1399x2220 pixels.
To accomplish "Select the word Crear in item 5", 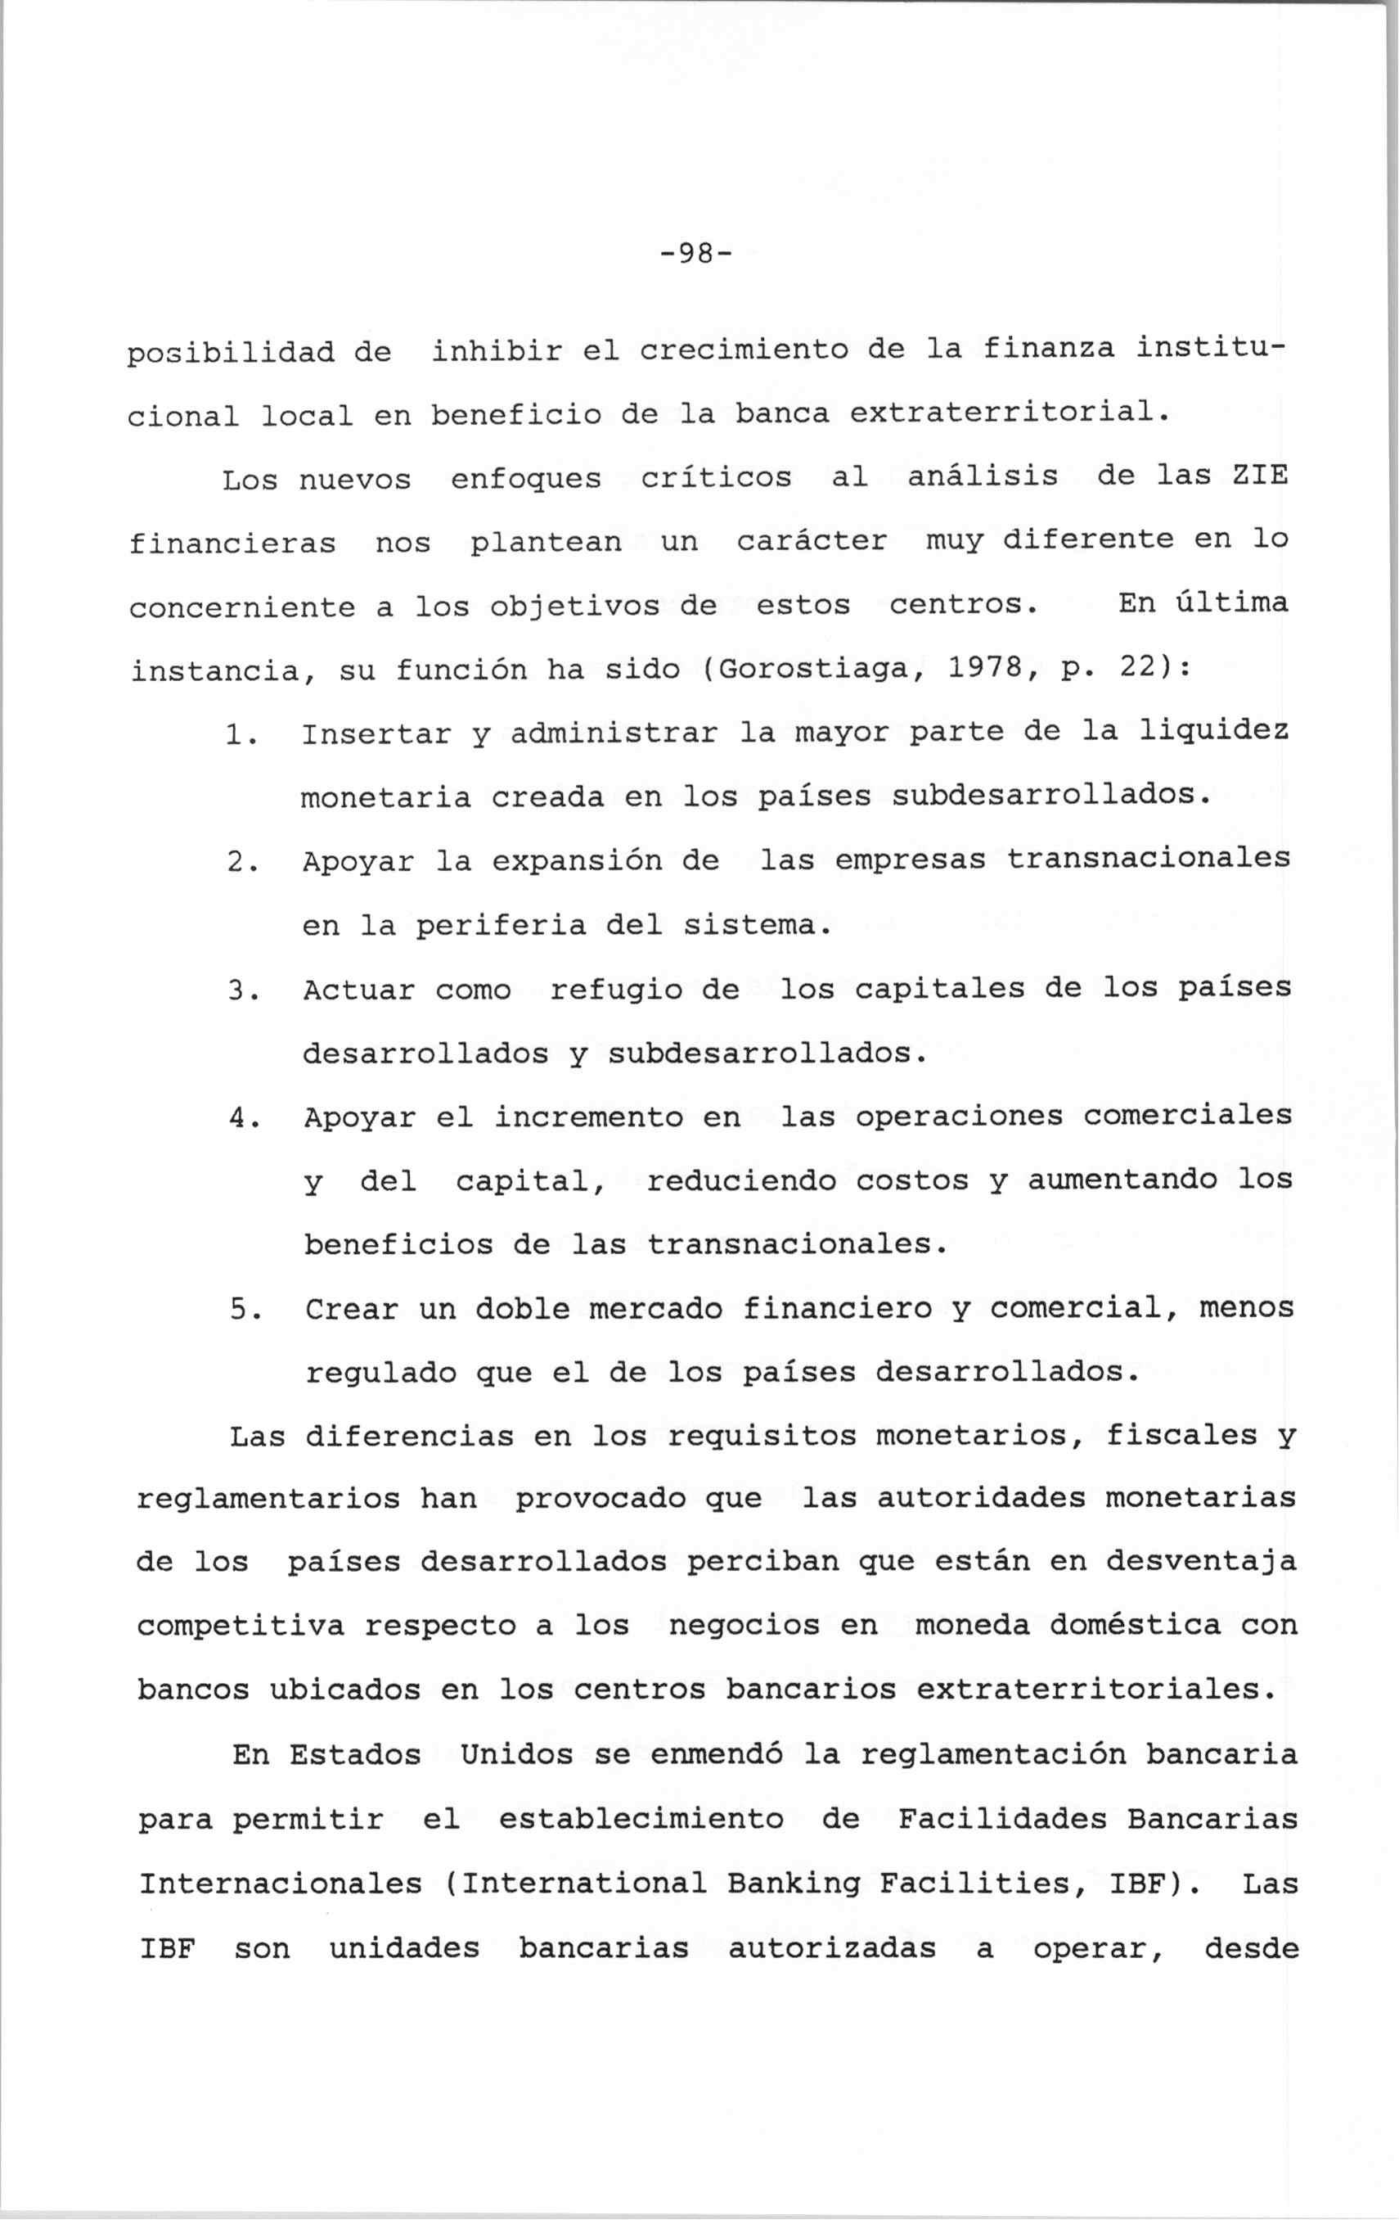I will pyautogui.click(x=351, y=1310).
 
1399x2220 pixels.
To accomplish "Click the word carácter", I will pyautogui.click(x=812, y=541).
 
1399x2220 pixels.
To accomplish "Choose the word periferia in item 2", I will pyautogui.click(x=501, y=926).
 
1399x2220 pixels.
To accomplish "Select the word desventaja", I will pyautogui.click(x=1200, y=1561).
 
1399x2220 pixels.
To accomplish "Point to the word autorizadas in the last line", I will pyautogui.click(x=831, y=1948).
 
